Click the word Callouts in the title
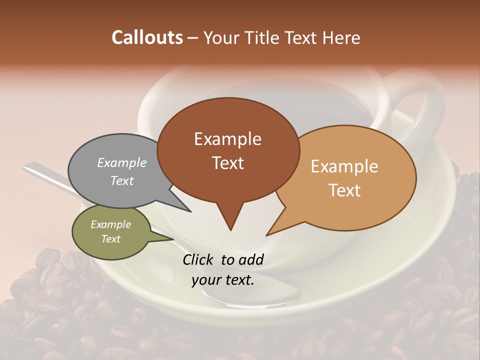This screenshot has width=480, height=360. click(147, 37)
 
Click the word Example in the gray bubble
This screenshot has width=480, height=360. click(121, 162)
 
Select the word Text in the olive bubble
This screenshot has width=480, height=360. click(110, 239)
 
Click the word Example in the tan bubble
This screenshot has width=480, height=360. click(344, 166)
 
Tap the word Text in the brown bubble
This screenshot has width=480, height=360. click(228, 163)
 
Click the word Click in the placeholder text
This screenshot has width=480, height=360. click(198, 259)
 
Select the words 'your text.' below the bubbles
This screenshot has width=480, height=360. click(223, 280)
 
